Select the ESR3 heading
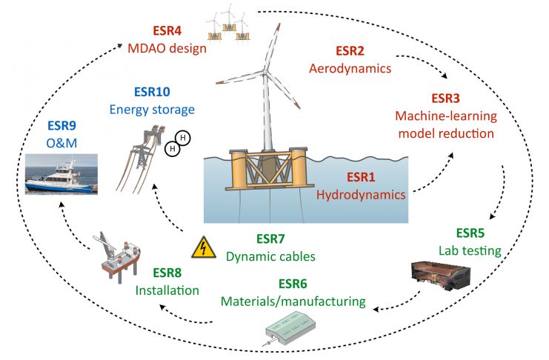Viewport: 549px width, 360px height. (446, 98)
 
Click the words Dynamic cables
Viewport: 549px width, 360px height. (271, 256)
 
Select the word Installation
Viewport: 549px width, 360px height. (167, 290)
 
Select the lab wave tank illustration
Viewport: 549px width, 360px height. (440, 276)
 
